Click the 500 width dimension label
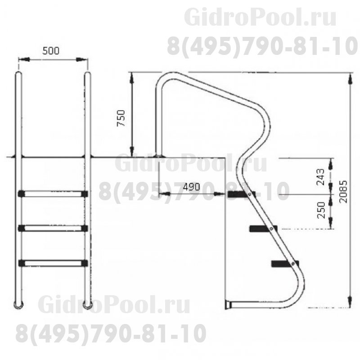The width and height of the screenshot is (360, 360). (50, 50)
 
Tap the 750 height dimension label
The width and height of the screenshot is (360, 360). (121, 118)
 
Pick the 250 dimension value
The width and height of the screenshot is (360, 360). (320, 210)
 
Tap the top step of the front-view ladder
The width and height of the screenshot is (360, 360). (52, 194)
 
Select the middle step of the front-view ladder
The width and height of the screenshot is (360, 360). (52, 228)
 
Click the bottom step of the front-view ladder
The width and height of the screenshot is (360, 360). (52, 262)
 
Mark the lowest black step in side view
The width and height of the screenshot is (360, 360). (282, 263)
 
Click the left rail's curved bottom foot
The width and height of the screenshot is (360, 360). (18, 305)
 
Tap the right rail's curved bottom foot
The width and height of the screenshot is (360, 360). (89, 305)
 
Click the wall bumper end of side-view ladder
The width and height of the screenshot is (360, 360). (230, 305)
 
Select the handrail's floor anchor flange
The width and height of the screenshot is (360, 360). (159, 156)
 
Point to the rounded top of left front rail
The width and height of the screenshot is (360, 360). (18, 74)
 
